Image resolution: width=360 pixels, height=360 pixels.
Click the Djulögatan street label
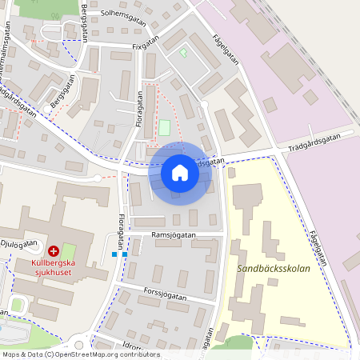click(19, 243)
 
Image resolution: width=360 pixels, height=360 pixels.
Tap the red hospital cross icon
click(54, 250)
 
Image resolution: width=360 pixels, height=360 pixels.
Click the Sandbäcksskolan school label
click(284, 269)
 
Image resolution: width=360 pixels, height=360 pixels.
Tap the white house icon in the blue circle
click(180, 173)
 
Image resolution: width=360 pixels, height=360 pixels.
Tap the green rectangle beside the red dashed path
click(165, 127)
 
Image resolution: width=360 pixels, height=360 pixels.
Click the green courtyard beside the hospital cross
click(69, 250)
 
